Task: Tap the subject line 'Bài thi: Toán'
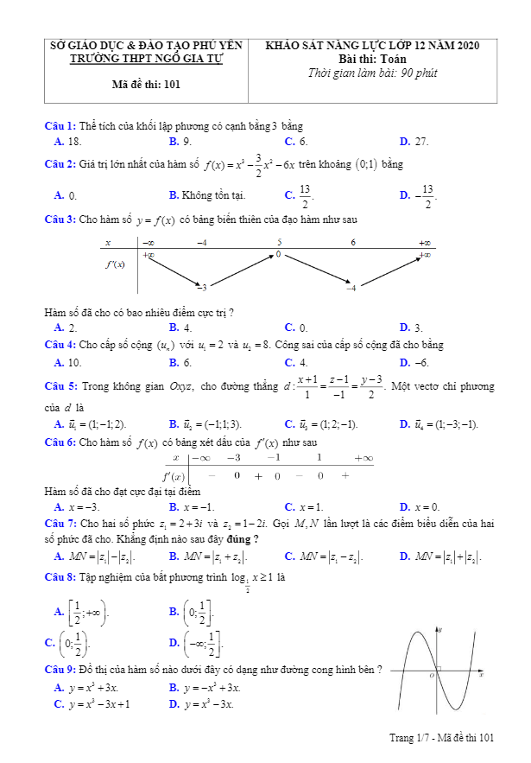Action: point(372,59)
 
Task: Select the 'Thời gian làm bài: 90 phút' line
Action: point(372,73)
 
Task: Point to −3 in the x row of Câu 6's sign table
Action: point(233,458)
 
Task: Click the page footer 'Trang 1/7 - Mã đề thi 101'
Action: point(443,737)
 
